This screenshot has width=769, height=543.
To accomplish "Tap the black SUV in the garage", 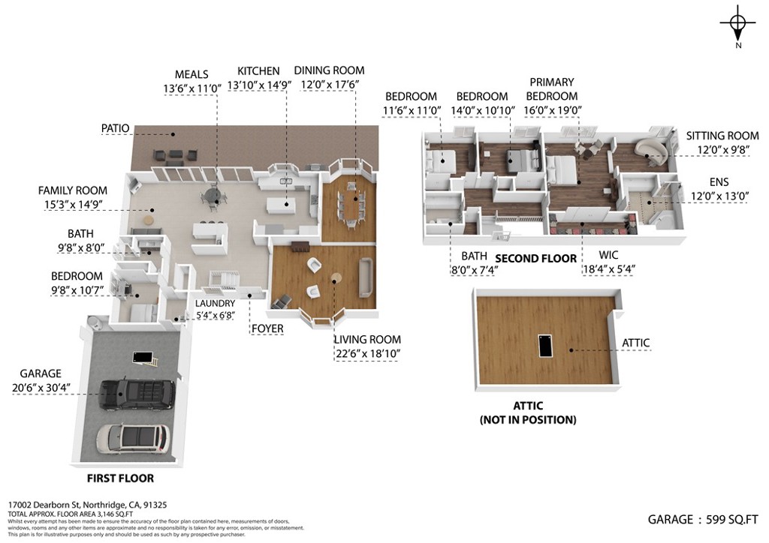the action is (x=137, y=394).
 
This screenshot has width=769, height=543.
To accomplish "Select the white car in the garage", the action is (x=134, y=438).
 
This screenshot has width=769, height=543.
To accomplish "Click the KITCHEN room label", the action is (x=258, y=71).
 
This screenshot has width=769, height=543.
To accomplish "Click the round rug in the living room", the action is (x=336, y=277).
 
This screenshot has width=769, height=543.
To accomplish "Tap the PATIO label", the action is (x=115, y=128).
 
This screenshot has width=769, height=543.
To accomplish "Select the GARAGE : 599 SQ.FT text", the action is (x=703, y=520).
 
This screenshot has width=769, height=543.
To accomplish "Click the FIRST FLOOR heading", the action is (x=121, y=478).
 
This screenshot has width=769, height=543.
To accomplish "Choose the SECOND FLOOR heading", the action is (x=536, y=259).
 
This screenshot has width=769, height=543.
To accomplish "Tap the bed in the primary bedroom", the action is (x=562, y=169).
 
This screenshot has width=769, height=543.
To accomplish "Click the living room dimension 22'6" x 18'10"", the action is (x=367, y=353).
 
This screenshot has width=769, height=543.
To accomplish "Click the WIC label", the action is (x=608, y=255).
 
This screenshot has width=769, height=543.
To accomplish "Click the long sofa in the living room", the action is (x=366, y=277).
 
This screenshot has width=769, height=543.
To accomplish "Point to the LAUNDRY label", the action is (x=216, y=304).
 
